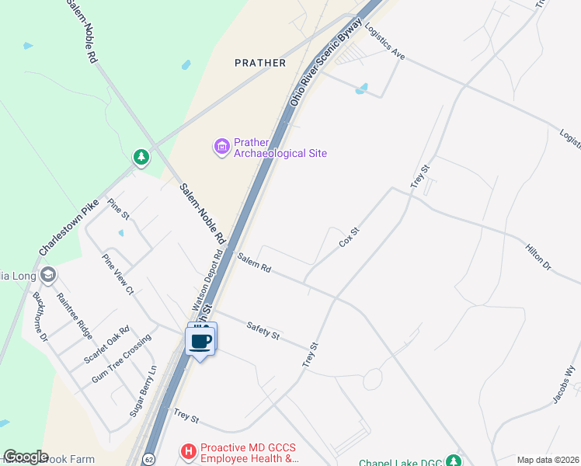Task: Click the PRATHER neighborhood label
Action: (260, 62)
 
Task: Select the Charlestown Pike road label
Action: (69, 228)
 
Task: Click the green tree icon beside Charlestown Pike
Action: (141, 158)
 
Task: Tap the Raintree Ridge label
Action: (74, 316)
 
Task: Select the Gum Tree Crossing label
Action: (120, 363)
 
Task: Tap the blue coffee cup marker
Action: (201, 340)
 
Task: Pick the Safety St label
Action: (262, 330)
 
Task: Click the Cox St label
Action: (350, 237)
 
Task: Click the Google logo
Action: (26, 457)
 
